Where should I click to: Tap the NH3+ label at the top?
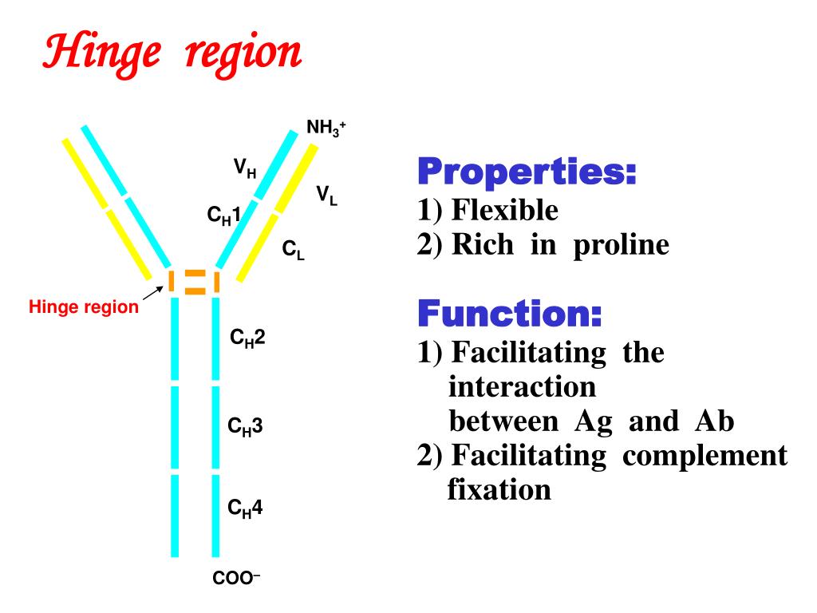tap(326, 128)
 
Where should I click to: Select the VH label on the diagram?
tap(244, 168)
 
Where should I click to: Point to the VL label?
tap(326, 195)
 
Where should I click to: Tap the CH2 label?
tap(247, 339)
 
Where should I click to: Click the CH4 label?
tap(245, 508)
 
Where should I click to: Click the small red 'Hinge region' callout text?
tap(84, 306)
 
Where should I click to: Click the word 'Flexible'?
tap(504, 211)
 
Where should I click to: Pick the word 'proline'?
tap(620, 244)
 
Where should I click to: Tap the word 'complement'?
tap(705, 456)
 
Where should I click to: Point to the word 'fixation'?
tap(499, 488)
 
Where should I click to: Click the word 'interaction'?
tap(522, 387)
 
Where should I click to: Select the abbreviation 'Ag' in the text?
tap(594, 421)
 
